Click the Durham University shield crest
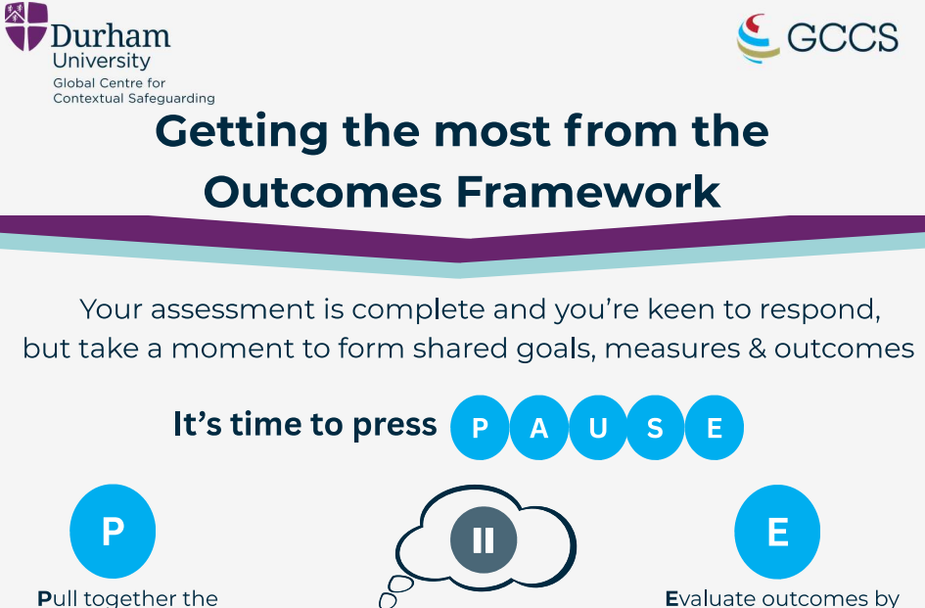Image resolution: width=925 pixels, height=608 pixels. [x=26, y=26]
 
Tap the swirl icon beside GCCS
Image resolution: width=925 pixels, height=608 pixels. [x=758, y=38]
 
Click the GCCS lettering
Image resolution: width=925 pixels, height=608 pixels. [x=843, y=38]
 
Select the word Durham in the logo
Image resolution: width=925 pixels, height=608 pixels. [x=111, y=36]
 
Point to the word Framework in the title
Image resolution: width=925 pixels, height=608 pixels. [x=588, y=192]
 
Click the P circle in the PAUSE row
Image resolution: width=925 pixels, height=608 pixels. [x=480, y=428]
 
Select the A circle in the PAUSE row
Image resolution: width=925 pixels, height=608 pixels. [x=538, y=428]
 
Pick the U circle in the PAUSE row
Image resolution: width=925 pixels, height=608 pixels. [x=598, y=428]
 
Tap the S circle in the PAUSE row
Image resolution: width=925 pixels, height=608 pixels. [x=656, y=428]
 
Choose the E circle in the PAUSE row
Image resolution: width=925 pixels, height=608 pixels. [x=714, y=428]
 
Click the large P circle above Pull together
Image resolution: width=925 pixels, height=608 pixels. [x=113, y=532]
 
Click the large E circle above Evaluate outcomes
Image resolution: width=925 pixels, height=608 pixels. [x=777, y=532]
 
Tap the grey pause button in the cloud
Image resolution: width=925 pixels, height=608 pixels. [x=484, y=539]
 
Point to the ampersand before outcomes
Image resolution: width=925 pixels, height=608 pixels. [x=757, y=349]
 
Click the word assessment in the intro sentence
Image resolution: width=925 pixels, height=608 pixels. [x=233, y=310]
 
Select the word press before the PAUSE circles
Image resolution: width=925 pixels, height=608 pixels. [x=394, y=426]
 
